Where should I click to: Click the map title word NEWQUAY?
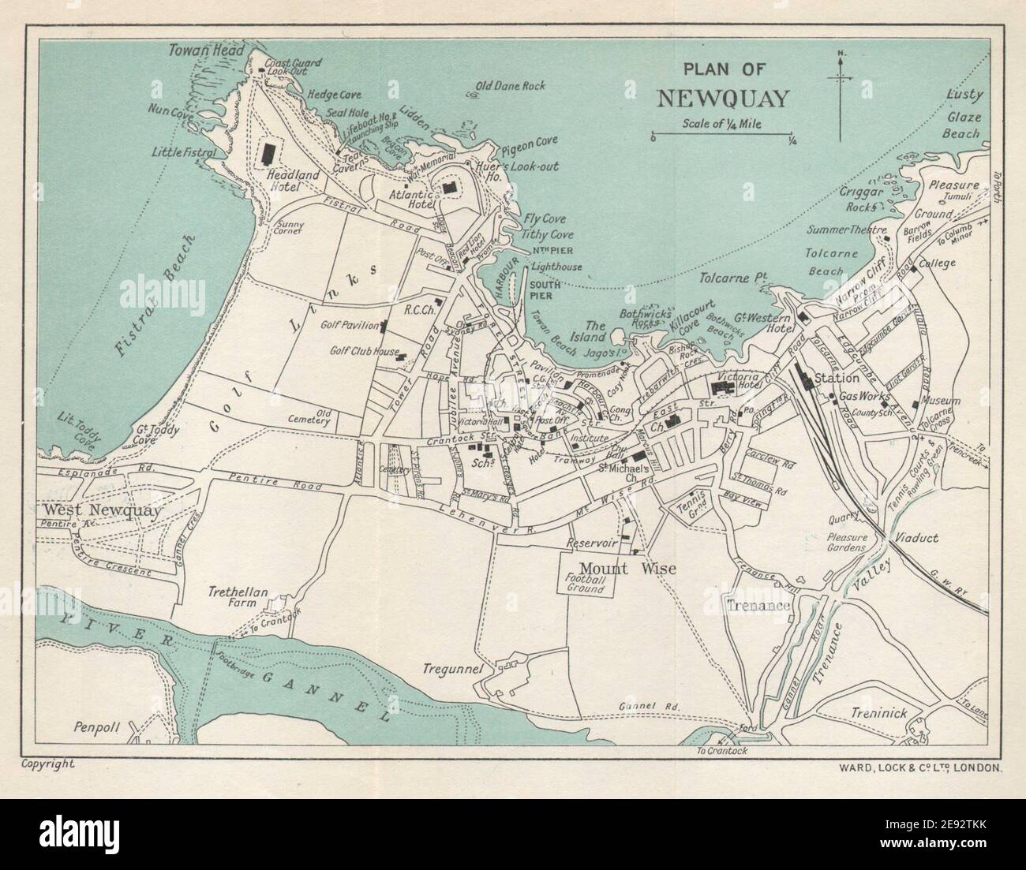(722, 98)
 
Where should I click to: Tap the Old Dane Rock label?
(511, 86)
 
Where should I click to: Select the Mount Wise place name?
(617, 568)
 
